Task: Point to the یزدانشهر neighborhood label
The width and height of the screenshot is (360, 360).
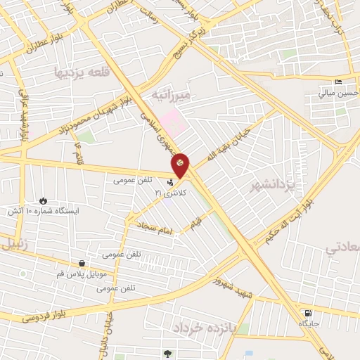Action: (271, 184)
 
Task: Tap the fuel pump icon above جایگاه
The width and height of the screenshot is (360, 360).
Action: (307, 314)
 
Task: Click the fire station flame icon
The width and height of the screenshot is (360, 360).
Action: (45, 200)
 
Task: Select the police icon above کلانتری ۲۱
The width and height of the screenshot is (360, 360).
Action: (169, 183)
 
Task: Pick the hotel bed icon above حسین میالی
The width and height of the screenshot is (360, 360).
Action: (339, 82)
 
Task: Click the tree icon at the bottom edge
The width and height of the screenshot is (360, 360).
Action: (167, 354)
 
